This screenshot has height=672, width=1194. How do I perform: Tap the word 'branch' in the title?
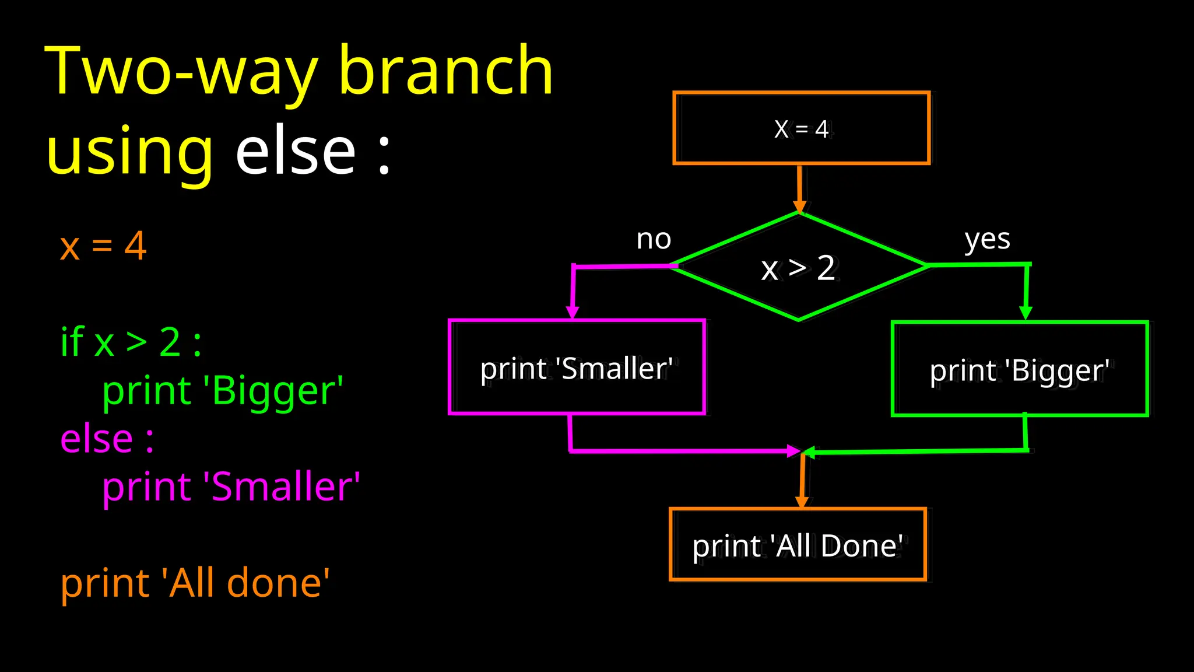[x=445, y=71]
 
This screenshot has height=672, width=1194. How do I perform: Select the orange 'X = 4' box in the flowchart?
[x=801, y=128]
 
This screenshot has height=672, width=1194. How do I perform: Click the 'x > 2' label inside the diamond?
[x=799, y=268]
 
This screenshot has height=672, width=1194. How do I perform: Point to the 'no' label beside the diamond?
[x=654, y=239]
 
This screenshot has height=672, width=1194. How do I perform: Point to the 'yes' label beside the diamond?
[x=987, y=239]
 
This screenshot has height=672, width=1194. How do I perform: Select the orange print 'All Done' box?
[x=798, y=545]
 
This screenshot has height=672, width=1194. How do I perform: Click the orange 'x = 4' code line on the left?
[x=103, y=246]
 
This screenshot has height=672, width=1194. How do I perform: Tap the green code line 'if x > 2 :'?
[x=131, y=342]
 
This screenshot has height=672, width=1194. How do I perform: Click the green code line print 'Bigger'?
[x=222, y=390]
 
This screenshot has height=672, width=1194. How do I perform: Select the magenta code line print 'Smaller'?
[x=231, y=487]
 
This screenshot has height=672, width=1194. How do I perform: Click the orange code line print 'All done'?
[x=195, y=583]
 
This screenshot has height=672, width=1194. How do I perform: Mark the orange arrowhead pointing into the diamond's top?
[x=800, y=206]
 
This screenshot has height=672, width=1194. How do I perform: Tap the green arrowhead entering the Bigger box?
[x=1026, y=313]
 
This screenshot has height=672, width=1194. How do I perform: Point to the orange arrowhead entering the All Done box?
[x=802, y=502]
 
